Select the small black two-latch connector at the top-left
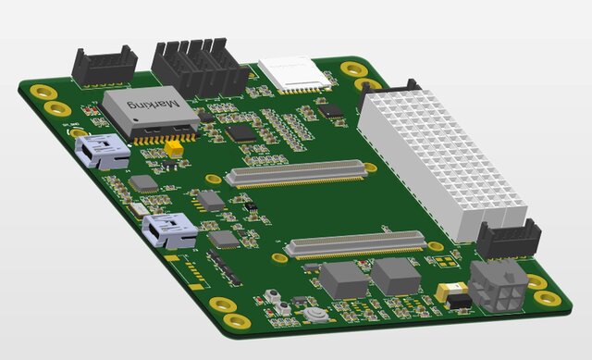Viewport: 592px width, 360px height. pos(104,66)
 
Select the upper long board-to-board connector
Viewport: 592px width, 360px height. pos(296,173)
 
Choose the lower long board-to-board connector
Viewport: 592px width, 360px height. pos(355,244)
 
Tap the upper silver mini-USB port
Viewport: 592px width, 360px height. pos(104,150)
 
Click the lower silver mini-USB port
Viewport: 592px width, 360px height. pos(170,230)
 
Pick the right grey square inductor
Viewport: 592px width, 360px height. pos(397,275)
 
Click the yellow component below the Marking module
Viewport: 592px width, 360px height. pos(173,147)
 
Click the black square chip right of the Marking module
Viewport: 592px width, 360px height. pos(241,132)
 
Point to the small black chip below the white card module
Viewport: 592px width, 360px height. pos(329,110)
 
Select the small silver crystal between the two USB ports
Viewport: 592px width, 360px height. pos(139,209)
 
